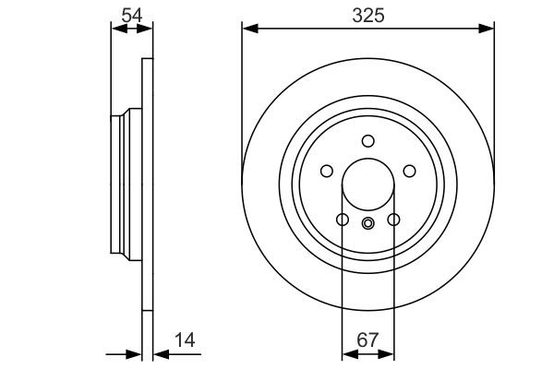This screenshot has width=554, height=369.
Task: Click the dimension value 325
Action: [367, 16]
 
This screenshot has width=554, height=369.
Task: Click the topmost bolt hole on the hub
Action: [367, 140]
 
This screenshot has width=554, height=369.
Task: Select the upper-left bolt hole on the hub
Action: [326, 171]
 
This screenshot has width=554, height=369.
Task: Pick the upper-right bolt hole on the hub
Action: [409, 171]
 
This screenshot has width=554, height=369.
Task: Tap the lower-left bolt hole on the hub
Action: [342, 220]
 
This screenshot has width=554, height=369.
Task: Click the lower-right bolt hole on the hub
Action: [393, 220]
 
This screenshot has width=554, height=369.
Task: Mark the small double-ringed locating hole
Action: [367, 221]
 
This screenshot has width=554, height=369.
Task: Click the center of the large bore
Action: [367, 184]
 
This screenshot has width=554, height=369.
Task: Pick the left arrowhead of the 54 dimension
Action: [116, 30]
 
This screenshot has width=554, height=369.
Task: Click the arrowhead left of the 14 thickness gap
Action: [136, 353]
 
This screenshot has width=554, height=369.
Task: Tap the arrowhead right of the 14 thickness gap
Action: [156, 353]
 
